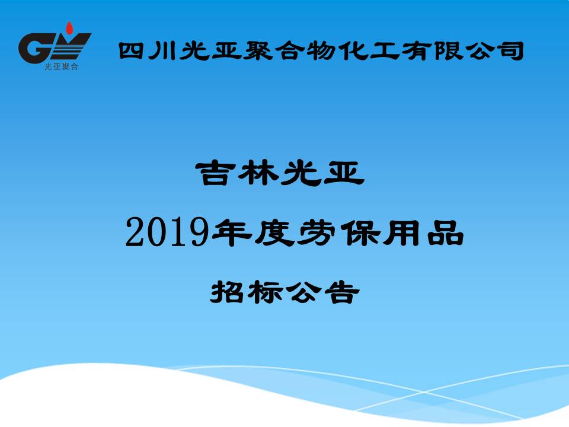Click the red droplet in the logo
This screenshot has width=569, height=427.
tap(69, 28)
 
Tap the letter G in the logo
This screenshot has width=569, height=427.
tap(33, 48)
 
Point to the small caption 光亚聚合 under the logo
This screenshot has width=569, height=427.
tap(61, 67)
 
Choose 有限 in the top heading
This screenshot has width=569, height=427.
tap(433, 51)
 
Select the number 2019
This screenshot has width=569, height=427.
tap(167, 232)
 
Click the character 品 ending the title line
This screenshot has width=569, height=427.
tap(446, 233)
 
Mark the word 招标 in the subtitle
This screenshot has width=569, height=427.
tap(247, 292)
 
